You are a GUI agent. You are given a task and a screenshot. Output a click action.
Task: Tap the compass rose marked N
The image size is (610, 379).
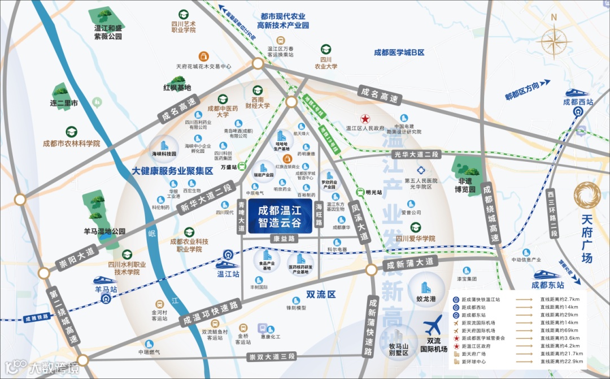point(554,42)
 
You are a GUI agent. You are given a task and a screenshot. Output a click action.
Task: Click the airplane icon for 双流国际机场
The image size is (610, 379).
point(433,327)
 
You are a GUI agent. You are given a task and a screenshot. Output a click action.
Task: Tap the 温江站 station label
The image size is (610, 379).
point(229,274)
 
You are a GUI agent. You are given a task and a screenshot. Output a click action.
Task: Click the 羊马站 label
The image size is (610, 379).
point(106,289)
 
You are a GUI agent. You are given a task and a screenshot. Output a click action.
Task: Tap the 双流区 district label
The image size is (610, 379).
point(321,294)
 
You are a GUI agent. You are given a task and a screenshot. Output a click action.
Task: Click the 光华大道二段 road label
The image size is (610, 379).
point(416,155)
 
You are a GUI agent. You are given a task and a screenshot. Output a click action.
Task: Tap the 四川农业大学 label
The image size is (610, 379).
point(326,62)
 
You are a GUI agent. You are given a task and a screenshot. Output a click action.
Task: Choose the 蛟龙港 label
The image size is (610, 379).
point(426,298)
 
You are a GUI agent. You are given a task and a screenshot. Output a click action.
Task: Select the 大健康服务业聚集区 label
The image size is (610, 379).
point(172,170)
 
